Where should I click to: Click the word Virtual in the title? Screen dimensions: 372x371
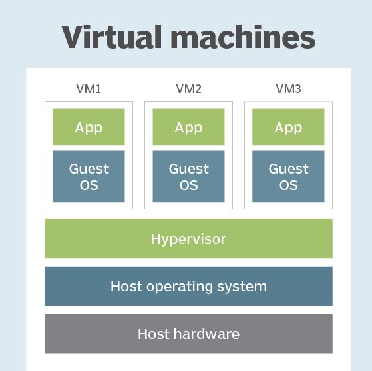112,37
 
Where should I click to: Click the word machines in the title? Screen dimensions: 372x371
243,37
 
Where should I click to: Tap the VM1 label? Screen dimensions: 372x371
89,89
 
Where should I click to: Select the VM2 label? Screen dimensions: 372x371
188,89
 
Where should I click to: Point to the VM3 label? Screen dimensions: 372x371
288,89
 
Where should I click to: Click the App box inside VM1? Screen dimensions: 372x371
89,127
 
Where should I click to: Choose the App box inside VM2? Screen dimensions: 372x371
188,127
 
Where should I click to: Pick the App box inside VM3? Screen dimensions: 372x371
288,127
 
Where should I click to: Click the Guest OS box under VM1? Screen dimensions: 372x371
89,176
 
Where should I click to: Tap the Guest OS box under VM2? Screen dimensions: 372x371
188,176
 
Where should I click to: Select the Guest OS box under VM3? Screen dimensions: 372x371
288,176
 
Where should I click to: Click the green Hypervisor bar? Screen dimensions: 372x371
188,238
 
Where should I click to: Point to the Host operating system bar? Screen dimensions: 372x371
188,286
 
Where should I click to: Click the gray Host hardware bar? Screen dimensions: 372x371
188,334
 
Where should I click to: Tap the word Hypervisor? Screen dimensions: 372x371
188,239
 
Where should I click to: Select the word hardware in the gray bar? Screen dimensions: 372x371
206,334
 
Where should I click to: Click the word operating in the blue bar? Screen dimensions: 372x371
180,287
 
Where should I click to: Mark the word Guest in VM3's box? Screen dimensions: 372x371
289,169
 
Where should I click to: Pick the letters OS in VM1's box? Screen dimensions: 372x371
89,185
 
